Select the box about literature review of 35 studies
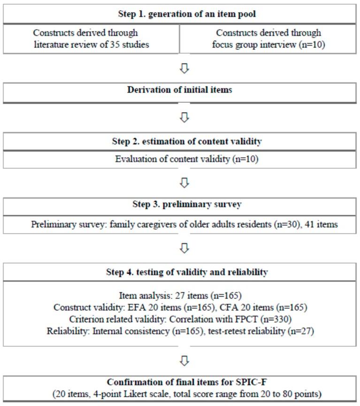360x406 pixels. point(91,38)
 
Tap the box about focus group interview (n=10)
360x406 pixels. point(268,38)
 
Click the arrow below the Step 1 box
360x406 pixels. point(184,68)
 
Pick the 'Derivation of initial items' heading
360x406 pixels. point(180,90)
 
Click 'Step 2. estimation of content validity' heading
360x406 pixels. point(180,141)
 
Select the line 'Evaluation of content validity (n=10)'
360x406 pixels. point(180,159)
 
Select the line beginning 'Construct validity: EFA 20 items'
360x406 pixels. point(180,307)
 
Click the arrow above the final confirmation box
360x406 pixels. point(184,360)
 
